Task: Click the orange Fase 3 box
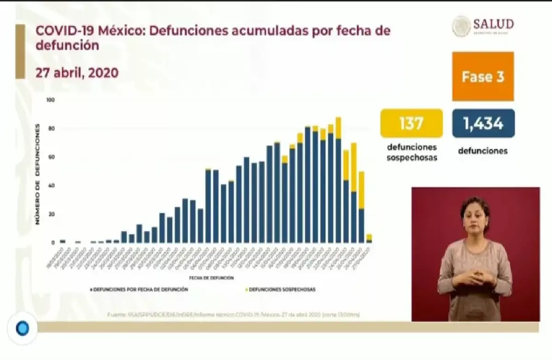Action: [x=483, y=76]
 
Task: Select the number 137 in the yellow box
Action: [x=411, y=123]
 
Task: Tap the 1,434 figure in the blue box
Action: [x=483, y=123]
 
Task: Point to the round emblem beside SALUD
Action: [x=461, y=26]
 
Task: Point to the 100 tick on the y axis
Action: [x=51, y=100]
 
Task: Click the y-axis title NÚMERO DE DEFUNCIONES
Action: [x=38, y=174]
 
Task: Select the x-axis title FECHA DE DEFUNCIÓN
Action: [x=211, y=278]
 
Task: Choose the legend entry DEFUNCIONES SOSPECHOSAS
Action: [x=282, y=290]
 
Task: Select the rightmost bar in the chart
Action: [x=369, y=238]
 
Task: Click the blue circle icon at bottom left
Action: [x=22, y=328]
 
